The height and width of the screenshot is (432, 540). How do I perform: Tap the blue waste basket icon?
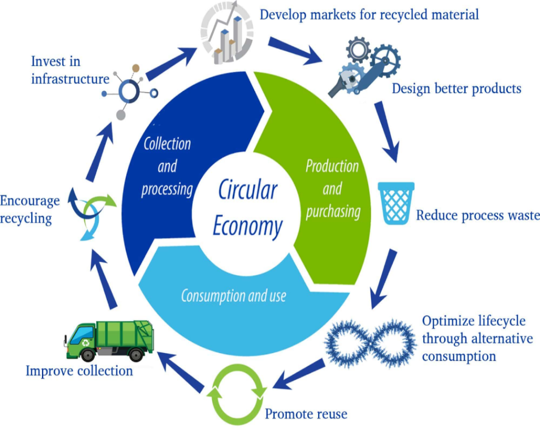(396, 203)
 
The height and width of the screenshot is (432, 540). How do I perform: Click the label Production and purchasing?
(333, 189)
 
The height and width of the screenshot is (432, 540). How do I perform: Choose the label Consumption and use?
(233, 296)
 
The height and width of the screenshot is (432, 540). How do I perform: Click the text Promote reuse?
(306, 414)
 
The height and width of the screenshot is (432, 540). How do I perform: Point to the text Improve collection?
(79, 371)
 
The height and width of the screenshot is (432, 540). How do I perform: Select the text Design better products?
(456, 88)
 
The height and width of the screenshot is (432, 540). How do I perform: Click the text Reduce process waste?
(477, 215)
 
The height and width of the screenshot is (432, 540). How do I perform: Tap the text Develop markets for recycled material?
(369, 14)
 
